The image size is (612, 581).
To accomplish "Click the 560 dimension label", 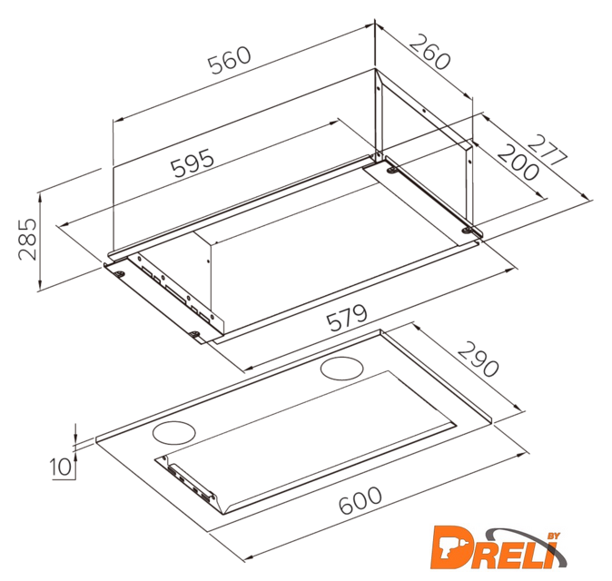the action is [229, 61].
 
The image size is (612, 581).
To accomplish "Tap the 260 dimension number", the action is [430, 52].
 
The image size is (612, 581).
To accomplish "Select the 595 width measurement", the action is [192, 163].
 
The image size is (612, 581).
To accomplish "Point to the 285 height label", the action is [27, 239].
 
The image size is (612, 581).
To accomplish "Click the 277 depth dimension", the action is [547, 151].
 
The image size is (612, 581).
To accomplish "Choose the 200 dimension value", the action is [518, 162].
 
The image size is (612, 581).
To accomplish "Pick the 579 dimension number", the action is [347, 318].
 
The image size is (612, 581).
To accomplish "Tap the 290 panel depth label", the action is [479, 359].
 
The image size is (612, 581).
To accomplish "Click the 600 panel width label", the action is [360, 500].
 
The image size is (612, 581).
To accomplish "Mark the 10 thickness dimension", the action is [62, 467].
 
